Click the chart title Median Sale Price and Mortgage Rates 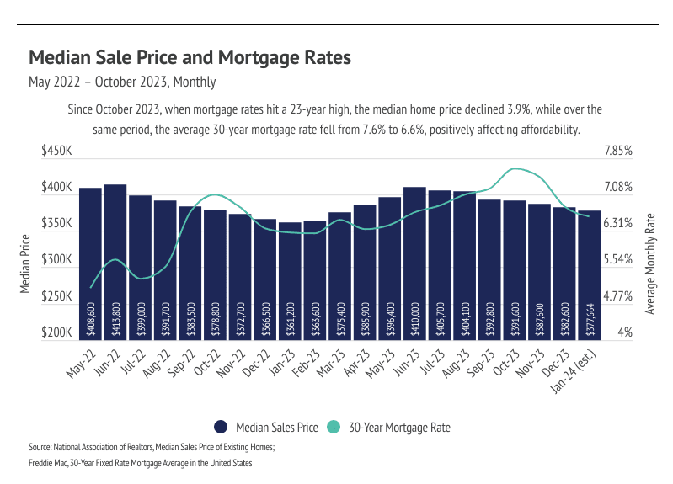click(190, 58)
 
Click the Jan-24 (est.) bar click(590, 269)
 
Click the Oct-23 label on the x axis click(505, 364)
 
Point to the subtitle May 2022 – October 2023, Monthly click(122, 82)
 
